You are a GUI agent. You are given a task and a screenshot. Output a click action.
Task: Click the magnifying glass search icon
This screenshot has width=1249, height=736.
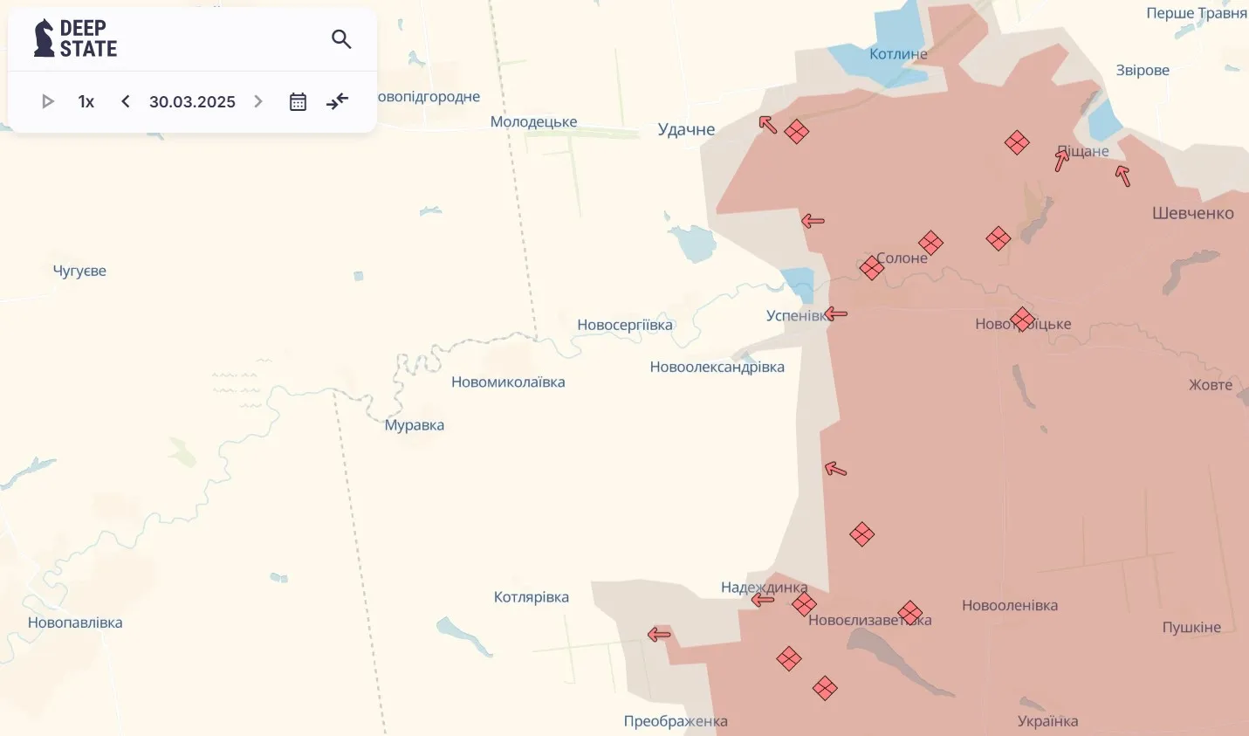tap(341, 39)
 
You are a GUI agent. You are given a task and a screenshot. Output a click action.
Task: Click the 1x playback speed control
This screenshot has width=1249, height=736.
tap(86, 101)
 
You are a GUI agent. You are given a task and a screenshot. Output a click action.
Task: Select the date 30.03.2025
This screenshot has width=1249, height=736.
tap(192, 101)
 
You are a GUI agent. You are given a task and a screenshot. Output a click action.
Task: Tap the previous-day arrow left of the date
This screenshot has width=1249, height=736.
tap(126, 101)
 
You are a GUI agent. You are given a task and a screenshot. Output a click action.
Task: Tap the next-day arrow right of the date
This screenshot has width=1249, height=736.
tap(258, 101)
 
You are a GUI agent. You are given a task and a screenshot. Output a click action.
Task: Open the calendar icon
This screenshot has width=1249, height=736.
tap(298, 101)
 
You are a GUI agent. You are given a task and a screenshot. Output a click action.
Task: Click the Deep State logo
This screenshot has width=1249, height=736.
tap(76, 39)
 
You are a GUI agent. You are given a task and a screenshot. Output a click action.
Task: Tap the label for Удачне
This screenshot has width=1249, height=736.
tap(686, 129)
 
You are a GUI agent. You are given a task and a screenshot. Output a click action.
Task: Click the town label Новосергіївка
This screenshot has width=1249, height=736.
tap(625, 325)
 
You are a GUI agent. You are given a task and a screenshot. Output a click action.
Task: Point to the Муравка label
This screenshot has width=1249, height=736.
tap(415, 425)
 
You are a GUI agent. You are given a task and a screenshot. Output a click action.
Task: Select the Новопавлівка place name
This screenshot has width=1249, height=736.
tap(75, 623)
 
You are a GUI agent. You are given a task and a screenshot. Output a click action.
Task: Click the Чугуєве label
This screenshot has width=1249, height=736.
tap(79, 271)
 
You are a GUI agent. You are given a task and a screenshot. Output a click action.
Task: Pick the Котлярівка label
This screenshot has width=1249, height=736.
tap(532, 597)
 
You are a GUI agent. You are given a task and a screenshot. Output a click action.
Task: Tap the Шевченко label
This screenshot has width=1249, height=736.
tap(1192, 213)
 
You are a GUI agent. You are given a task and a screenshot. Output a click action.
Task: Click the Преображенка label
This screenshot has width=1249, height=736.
tap(676, 721)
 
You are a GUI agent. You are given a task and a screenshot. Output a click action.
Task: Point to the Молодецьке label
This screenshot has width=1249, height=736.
tap(533, 121)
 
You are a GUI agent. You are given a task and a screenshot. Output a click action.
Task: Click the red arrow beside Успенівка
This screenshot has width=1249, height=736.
tap(836, 313)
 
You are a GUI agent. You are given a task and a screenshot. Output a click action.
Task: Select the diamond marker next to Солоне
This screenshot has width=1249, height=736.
tap(871, 268)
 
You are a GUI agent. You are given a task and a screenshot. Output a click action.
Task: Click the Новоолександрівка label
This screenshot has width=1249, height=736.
tap(717, 367)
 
